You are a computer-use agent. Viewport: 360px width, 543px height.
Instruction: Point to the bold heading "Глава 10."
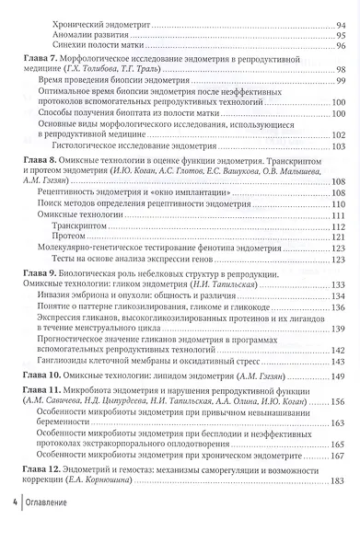(43, 375)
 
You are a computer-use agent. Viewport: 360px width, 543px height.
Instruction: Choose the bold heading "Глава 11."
(43, 391)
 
